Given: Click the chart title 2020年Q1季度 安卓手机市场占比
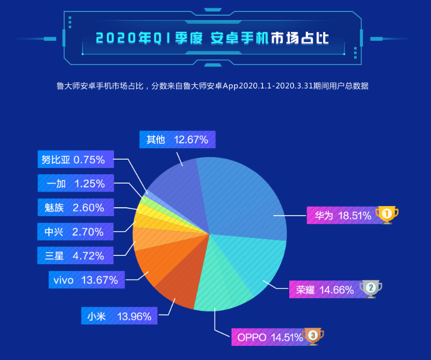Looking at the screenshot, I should (215, 38).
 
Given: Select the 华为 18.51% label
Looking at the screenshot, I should (343, 215).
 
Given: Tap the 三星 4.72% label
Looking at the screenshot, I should (75, 256).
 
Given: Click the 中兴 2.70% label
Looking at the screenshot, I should (75, 232).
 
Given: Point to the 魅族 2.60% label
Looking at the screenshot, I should (75, 208).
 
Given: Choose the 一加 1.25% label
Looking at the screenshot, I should (75, 184).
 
